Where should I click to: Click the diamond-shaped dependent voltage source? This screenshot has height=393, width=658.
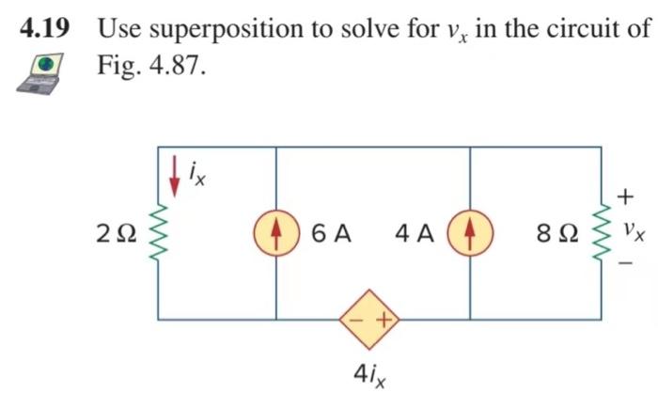coord(370,320)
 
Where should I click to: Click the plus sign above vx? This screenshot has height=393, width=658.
coord(625,196)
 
